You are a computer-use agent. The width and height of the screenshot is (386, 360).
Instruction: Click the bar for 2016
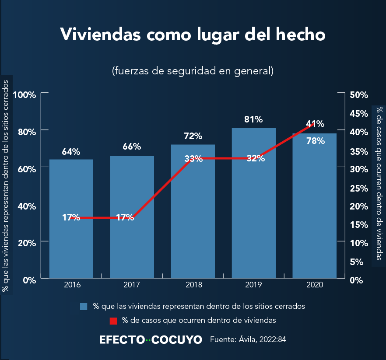(x=71, y=245)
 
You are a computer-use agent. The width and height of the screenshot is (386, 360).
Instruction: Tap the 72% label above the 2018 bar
(x=193, y=136)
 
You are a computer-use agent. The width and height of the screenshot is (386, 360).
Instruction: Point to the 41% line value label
(x=315, y=124)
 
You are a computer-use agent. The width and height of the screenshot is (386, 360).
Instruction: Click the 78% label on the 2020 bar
(x=315, y=141)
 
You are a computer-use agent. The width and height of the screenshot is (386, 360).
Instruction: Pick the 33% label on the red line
(x=193, y=159)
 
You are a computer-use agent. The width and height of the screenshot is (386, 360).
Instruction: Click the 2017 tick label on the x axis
(x=132, y=285)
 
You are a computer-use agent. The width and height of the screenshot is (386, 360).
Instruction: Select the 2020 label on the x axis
(x=315, y=285)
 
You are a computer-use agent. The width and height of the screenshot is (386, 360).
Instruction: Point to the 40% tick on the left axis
(x=27, y=206)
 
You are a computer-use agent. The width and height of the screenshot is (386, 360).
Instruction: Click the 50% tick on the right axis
(x=359, y=95)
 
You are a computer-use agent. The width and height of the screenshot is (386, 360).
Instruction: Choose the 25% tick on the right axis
(x=359, y=188)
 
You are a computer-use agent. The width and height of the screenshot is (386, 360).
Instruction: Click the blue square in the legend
(x=84, y=306)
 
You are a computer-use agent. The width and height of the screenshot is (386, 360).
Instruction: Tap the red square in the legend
(x=113, y=321)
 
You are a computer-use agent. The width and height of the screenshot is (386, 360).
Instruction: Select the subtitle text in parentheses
(x=193, y=71)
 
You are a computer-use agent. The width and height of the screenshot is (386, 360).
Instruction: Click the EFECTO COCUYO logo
(x=151, y=339)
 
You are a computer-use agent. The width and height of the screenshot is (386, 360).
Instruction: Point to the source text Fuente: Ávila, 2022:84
(x=248, y=339)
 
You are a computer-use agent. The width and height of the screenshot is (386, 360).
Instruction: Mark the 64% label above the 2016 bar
(x=71, y=152)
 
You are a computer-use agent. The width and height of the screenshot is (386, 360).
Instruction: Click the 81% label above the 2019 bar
(x=253, y=119)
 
